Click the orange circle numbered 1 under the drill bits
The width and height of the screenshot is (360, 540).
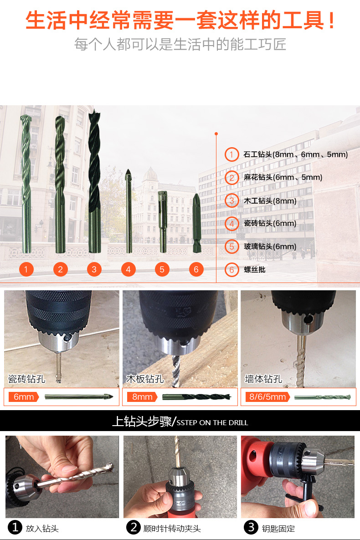point(26,269)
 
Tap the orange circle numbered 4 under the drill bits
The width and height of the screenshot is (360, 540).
point(128,269)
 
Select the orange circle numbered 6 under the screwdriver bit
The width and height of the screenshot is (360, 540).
point(196,269)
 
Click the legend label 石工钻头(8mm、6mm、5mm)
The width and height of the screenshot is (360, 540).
point(296,154)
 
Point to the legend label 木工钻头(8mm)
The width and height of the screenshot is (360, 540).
point(270,201)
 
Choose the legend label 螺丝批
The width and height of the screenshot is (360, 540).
point(254,270)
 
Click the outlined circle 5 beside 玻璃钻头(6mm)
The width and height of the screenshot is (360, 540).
point(231,247)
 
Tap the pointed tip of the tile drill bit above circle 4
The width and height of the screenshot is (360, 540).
point(128,170)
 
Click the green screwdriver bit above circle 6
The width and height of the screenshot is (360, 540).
point(197,223)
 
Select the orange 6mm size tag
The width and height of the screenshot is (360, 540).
point(23,397)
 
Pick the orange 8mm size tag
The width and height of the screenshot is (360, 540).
point(142,397)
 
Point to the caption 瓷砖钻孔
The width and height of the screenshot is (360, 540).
point(26,379)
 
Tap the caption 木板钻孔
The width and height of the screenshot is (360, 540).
point(145,379)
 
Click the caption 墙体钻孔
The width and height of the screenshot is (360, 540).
point(263,379)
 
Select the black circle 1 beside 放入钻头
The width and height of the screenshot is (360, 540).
point(15,527)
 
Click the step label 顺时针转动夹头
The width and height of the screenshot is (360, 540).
point(172,528)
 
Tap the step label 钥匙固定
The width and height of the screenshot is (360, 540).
point(278,528)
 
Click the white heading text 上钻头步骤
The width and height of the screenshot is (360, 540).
point(142,421)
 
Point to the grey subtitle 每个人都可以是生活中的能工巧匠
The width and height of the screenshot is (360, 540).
point(180,44)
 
